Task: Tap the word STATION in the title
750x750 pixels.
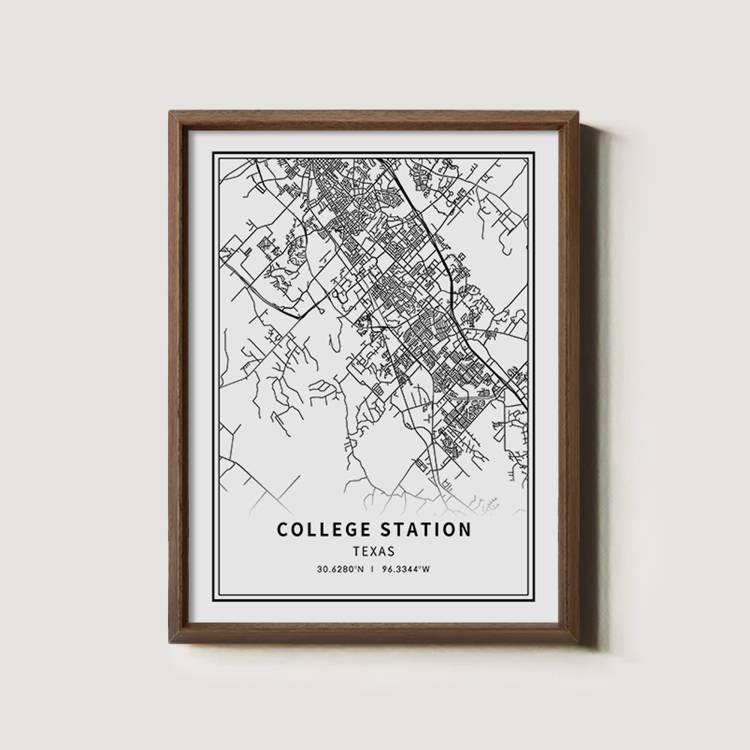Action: click(x=425, y=529)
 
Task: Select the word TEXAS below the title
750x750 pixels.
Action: click(x=374, y=551)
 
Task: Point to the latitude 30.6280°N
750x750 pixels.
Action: click(x=340, y=569)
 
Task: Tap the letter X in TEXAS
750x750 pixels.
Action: click(x=374, y=551)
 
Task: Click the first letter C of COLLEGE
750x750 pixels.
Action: click(x=283, y=529)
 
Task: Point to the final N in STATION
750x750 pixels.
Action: click(x=465, y=529)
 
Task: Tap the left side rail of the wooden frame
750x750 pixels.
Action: click(x=178, y=375)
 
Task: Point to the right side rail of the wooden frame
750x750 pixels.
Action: click(x=571, y=375)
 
